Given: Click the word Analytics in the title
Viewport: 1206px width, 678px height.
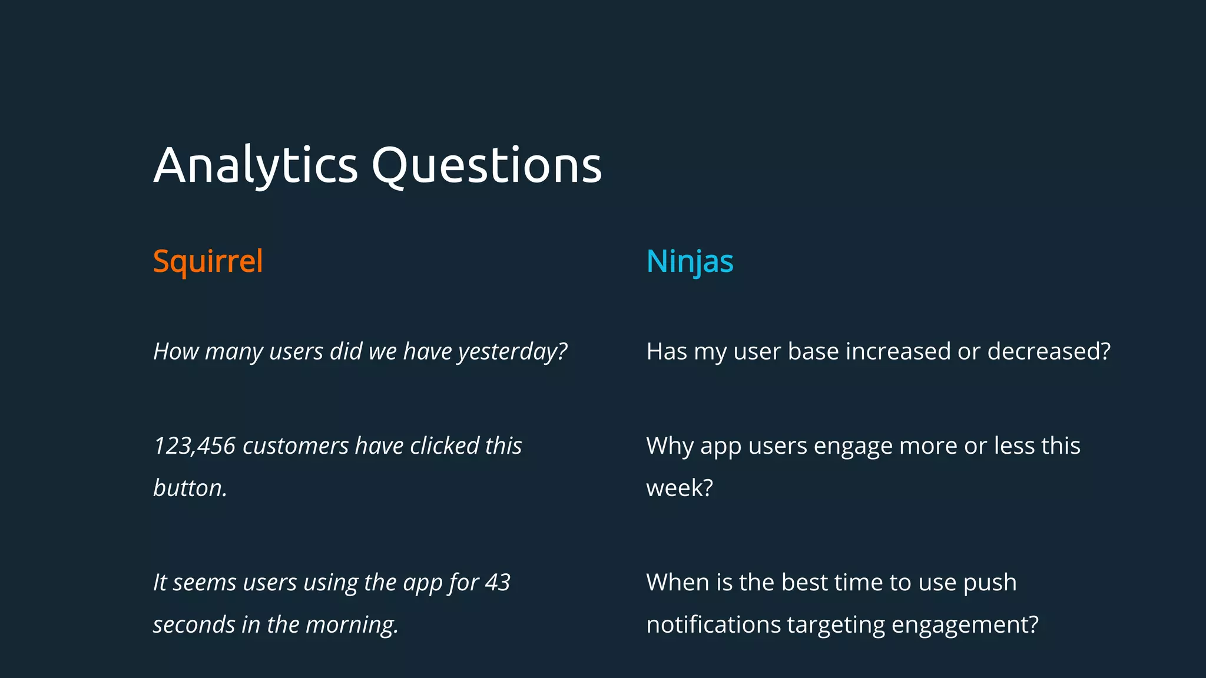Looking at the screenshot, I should click(256, 165).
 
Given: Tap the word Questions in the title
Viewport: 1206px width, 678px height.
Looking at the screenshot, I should click(486, 165).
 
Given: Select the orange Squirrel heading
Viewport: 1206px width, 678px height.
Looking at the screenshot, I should click(208, 261).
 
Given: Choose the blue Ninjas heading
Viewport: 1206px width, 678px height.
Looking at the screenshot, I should click(690, 261).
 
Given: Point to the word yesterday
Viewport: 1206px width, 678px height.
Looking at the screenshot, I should click(512, 352).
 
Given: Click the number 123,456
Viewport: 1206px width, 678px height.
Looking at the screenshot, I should click(194, 446).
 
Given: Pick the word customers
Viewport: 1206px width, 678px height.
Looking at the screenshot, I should click(296, 446).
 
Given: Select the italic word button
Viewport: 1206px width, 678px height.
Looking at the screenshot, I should click(190, 488).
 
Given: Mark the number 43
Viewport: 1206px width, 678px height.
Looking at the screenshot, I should click(498, 583).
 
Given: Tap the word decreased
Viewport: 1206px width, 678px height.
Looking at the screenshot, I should click(1048, 351).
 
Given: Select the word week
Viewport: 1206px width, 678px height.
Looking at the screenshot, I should click(679, 488).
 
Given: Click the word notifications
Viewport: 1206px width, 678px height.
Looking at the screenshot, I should click(713, 624).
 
